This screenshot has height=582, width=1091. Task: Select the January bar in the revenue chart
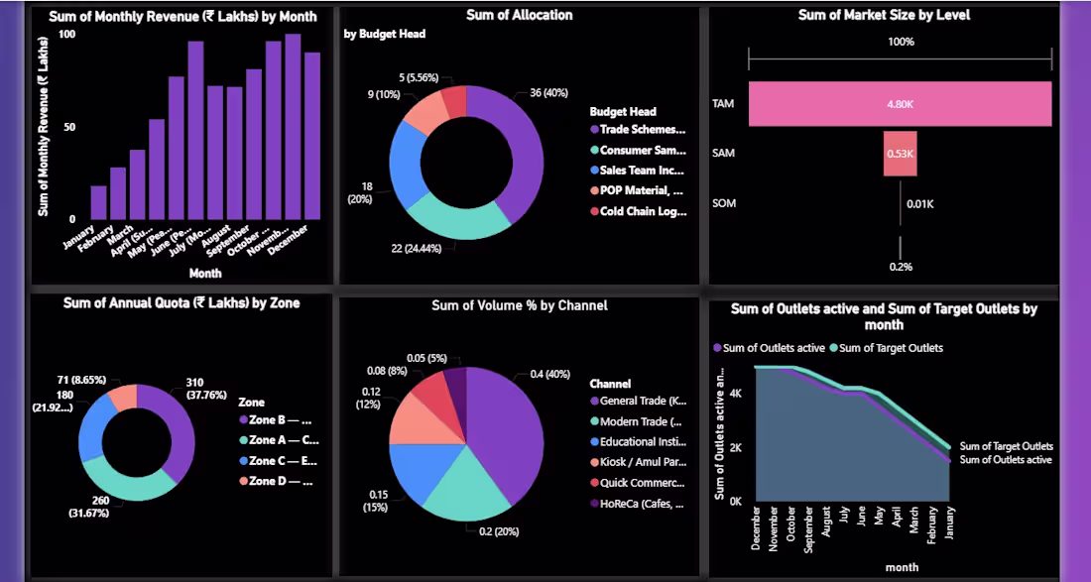pos(98,202)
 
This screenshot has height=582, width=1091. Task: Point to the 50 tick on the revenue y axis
pos(66,127)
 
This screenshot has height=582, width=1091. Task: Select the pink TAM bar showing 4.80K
pos(900,103)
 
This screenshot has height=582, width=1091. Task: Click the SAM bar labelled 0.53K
pos(900,154)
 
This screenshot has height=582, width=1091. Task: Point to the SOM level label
pos(723,204)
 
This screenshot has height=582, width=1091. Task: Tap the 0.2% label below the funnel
pos(901,267)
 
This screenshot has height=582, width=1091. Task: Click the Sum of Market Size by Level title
pos(884,15)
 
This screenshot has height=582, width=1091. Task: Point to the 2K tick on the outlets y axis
pos(735,447)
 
